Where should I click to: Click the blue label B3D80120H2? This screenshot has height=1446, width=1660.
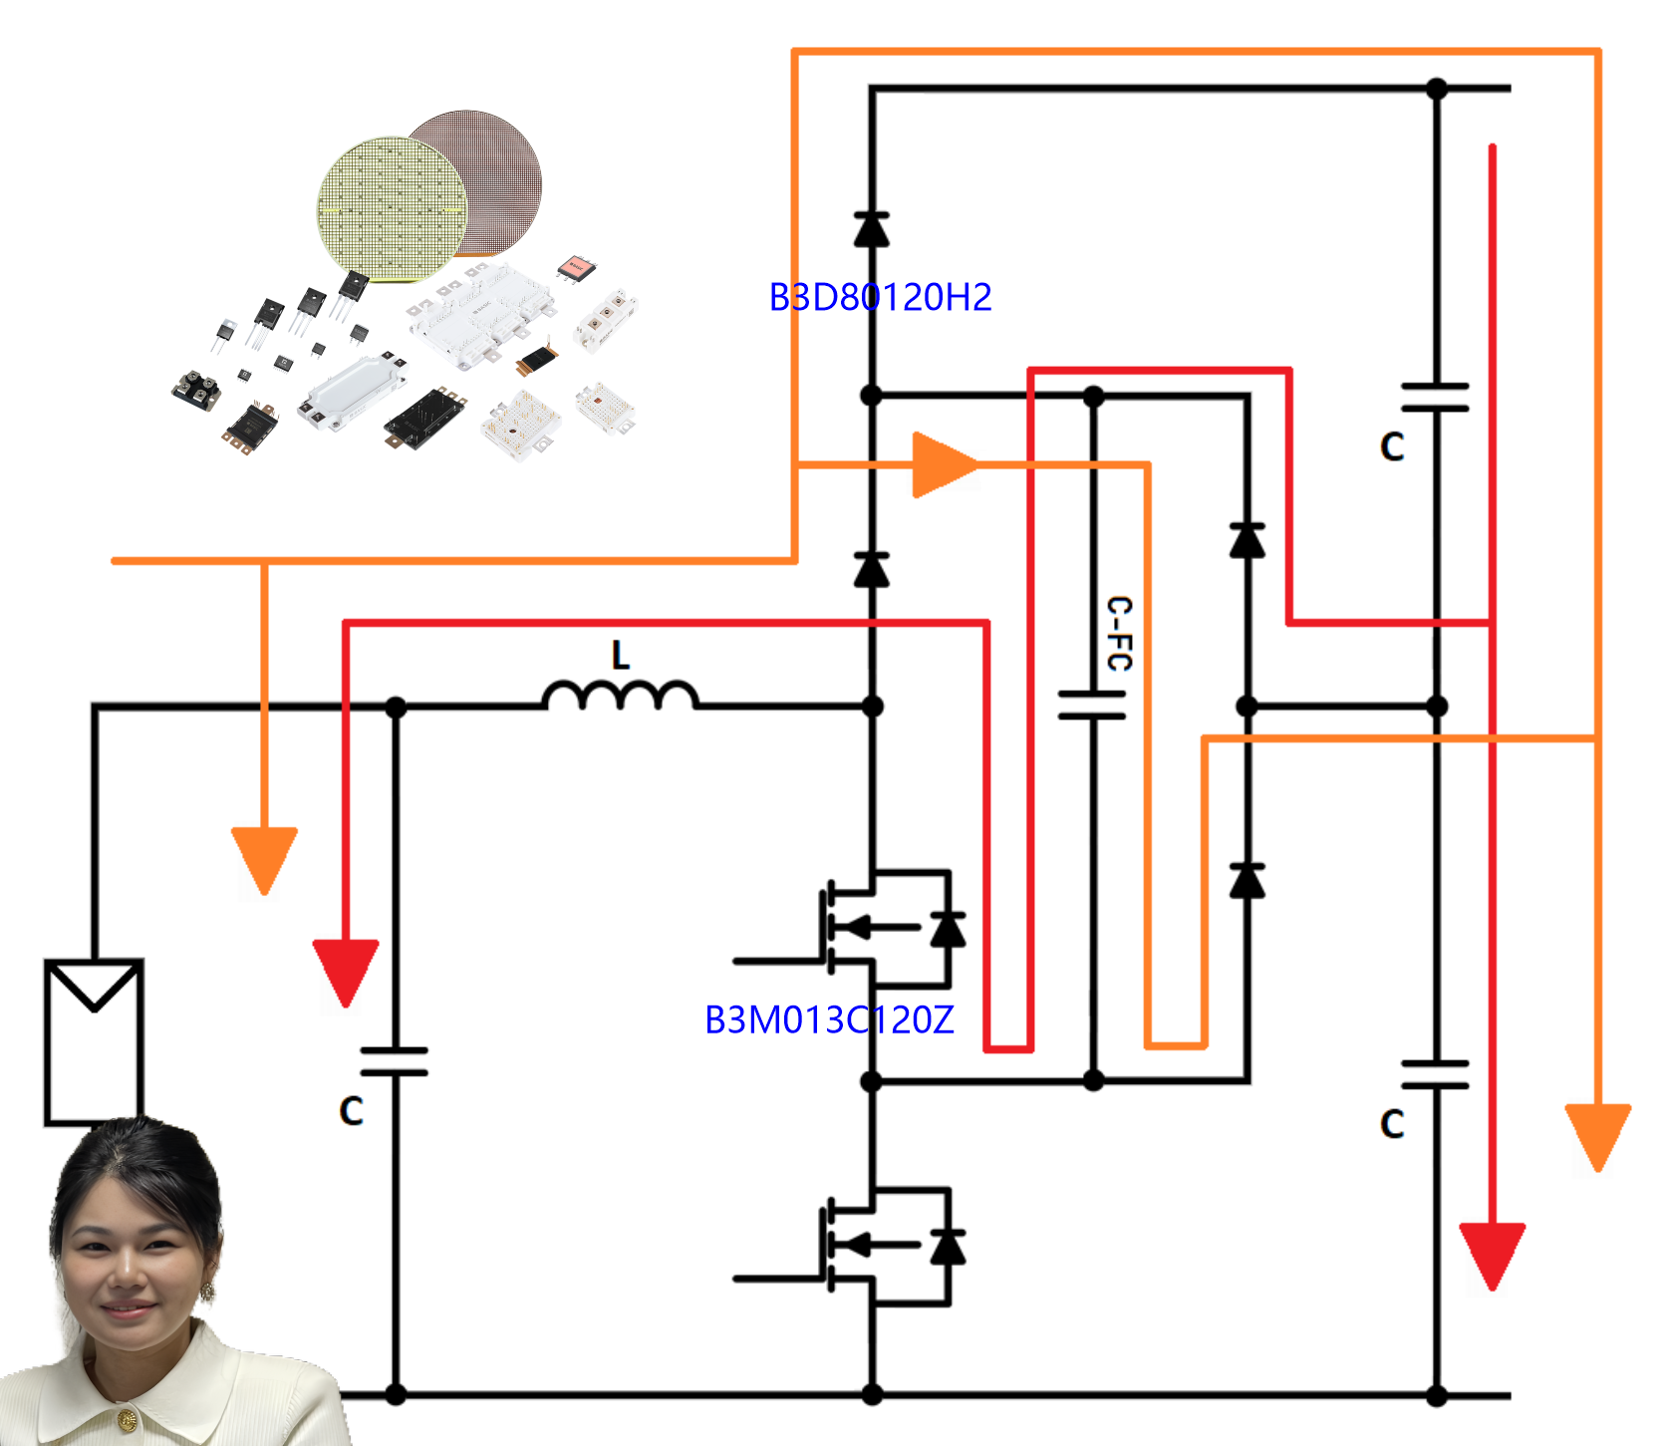point(880,297)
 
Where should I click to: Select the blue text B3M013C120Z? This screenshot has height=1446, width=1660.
point(829,1019)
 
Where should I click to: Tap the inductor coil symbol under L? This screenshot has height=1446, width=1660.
point(620,696)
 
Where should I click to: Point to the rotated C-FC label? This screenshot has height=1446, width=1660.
point(1120,634)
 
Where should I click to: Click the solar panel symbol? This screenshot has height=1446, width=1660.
point(94,1040)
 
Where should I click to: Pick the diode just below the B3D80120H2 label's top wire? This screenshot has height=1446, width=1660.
point(872,229)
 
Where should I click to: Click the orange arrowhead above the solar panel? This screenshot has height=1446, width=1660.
point(264,858)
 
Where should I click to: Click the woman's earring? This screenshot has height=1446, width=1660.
point(208,1292)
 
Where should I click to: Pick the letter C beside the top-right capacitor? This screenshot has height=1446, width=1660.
point(1392,447)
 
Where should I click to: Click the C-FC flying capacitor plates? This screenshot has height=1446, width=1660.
point(1093,705)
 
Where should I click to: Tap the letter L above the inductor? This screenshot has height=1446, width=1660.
point(621,655)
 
